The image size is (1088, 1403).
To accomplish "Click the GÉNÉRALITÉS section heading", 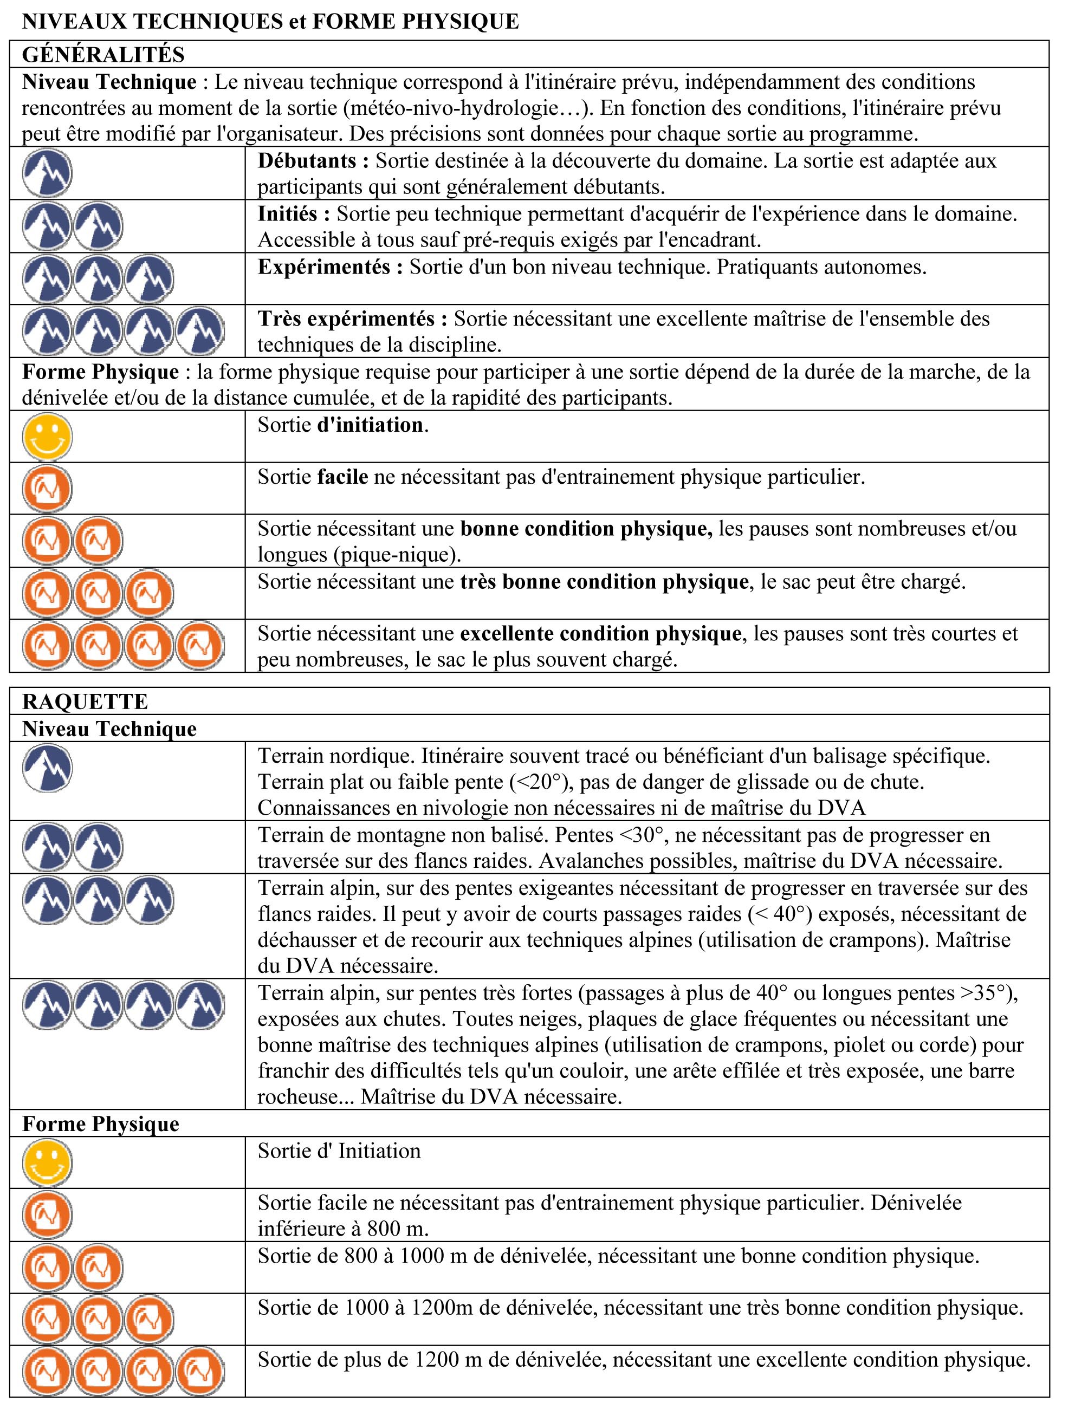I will [x=103, y=55].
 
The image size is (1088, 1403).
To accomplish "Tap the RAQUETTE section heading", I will [x=85, y=701].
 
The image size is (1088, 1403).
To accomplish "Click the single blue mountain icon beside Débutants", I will [x=47, y=173].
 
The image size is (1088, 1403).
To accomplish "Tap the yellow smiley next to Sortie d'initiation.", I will [x=47, y=437].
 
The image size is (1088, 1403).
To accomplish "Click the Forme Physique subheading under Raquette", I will [x=101, y=1123].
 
